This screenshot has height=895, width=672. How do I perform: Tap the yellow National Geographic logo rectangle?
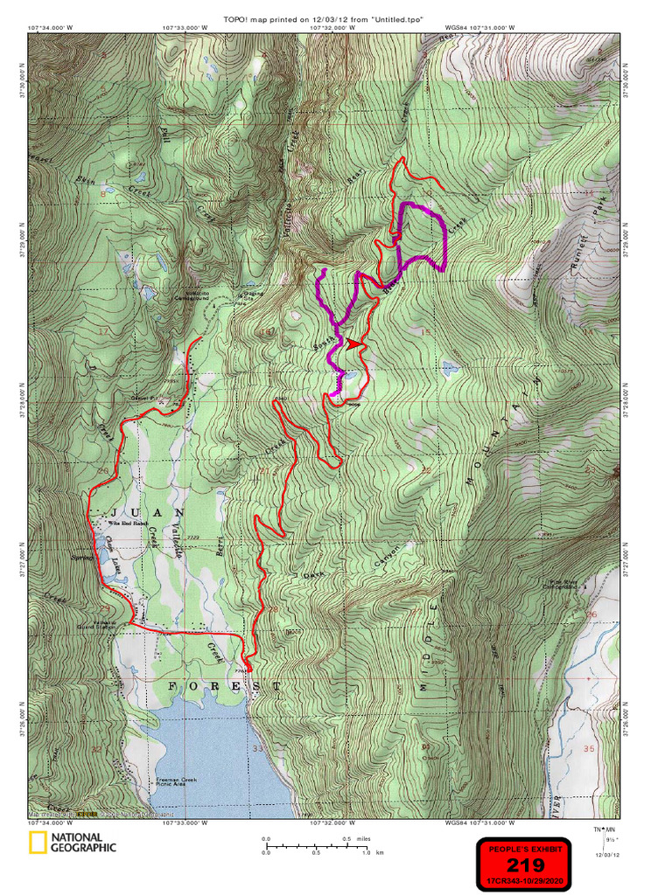38,843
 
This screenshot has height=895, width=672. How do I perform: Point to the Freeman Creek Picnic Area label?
180,782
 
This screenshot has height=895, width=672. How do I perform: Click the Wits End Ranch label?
126,524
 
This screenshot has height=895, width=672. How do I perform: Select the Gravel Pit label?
143,398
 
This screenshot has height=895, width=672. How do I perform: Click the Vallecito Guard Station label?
96,623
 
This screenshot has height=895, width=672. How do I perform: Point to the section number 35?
588,749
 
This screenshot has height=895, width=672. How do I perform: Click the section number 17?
103,331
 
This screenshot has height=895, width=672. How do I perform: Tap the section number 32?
95,749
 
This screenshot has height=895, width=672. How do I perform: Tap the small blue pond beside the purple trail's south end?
350,376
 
